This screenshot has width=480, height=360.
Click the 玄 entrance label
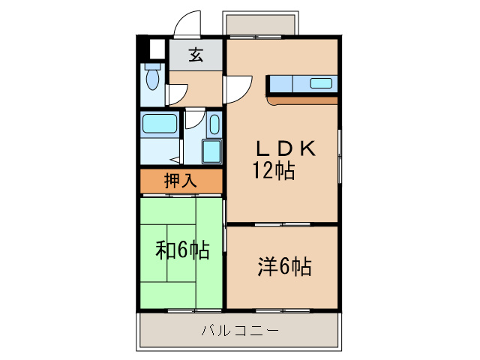tap(195, 55)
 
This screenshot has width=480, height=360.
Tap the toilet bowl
tap(154, 79)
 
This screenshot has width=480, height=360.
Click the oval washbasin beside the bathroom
tap(214, 126)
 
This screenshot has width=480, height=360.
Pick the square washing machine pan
tap(211, 151)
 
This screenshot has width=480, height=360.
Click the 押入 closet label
tap(181, 180)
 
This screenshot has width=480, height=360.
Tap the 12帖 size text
tap(273, 171)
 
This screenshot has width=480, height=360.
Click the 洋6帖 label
tap(286, 266)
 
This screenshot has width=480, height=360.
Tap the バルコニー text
tap(240, 331)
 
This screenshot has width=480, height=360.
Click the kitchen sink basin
tap(322, 83)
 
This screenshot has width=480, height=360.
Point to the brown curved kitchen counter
tap(300, 99)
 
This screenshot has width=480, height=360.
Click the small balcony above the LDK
tap(259, 25)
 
